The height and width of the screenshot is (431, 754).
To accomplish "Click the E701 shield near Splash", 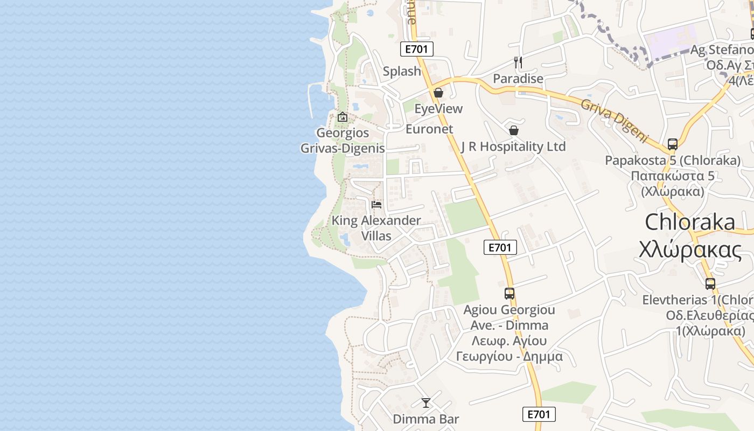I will pos(417,50).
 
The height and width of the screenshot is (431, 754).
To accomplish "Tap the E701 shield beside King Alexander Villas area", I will pos(500,247).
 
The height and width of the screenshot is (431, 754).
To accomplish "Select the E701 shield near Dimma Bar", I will pos(539,414).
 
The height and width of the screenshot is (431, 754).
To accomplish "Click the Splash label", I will pos(402,71).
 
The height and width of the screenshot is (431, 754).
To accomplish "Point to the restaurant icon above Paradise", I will pos(518,62).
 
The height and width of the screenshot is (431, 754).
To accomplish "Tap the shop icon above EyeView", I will pos(438,93).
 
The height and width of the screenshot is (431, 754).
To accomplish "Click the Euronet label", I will pos(429,129).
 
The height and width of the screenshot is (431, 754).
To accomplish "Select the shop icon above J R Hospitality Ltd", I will pos(514,130).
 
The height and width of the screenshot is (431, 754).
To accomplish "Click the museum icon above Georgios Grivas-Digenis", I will pos(342,116).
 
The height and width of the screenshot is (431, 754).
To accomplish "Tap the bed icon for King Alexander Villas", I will pos(376,205).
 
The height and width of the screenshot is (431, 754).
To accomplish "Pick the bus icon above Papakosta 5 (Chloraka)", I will pos(673,144).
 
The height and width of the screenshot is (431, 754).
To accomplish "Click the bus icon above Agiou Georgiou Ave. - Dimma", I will pos(509,294).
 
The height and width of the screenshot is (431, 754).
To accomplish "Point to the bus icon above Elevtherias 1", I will pos(710,284).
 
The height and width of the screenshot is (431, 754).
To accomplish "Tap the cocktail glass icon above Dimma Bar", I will pos(426,402).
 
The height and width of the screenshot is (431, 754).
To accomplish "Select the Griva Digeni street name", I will pos(613,120).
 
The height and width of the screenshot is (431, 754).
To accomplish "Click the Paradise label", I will pos(518,79).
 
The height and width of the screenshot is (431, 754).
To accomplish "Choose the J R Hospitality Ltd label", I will pos(513,147).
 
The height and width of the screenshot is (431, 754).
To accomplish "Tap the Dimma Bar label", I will pos(426,419).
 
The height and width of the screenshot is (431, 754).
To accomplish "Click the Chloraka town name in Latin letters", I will pos(690,222).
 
